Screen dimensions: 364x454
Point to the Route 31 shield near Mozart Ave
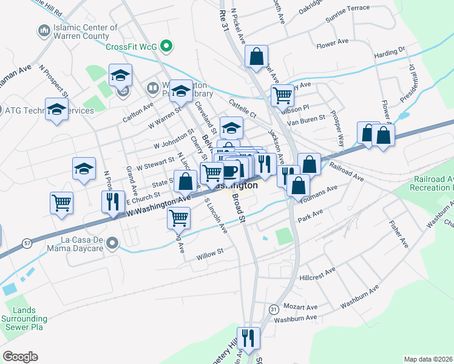(274, 309)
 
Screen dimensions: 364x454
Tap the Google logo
(20, 357)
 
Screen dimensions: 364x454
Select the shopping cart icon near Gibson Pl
(282, 95)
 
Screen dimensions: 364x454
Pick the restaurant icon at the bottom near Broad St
(248, 336)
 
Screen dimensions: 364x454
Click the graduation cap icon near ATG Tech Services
(56, 109)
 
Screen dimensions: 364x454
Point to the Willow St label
(210, 254)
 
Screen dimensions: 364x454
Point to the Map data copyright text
(429, 359)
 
